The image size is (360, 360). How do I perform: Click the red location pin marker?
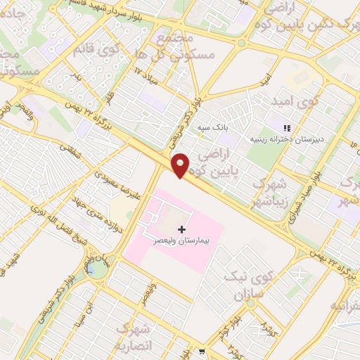tap(181, 165)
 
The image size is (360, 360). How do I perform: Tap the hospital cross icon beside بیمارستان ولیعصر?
tap(182, 229)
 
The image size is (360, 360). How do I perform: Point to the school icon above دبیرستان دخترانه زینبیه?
tap(286, 128)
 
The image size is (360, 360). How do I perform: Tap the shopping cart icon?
tap(202, 351)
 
